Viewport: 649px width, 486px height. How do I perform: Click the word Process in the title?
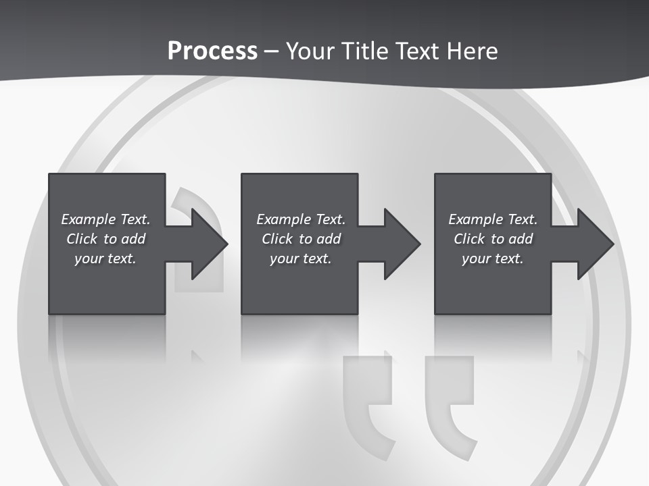(212, 51)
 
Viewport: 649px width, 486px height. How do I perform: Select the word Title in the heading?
(364, 51)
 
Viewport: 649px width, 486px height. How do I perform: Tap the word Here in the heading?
(472, 51)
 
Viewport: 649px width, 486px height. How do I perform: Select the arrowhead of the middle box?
(401, 244)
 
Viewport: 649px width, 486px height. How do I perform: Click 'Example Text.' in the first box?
(105, 219)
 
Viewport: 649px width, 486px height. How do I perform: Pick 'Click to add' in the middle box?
(301, 239)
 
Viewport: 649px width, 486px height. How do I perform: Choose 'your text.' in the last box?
(493, 259)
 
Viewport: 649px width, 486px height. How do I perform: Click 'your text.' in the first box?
(105, 259)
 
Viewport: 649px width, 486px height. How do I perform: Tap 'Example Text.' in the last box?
(493, 219)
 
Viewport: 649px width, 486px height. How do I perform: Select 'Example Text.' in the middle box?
(301, 219)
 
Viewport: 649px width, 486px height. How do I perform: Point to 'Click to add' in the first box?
(105, 239)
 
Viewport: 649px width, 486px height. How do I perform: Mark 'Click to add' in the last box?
(493, 239)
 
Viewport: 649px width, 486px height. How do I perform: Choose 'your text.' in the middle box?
(301, 259)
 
